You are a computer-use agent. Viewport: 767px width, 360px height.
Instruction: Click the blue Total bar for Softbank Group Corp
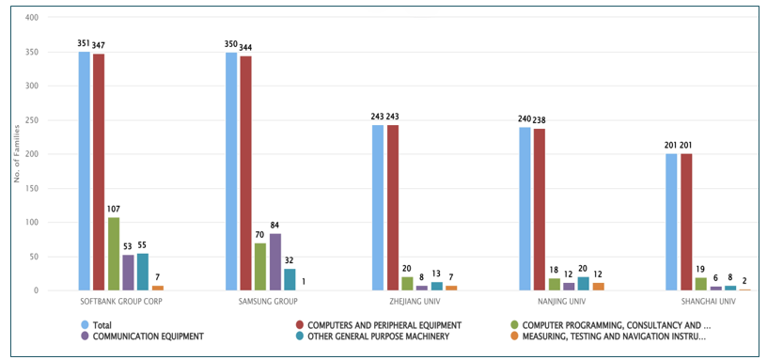85,171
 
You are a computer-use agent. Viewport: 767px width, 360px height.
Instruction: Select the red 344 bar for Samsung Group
245,174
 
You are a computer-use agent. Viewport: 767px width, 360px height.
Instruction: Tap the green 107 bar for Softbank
114,255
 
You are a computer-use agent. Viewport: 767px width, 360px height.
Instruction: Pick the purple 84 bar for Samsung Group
274,262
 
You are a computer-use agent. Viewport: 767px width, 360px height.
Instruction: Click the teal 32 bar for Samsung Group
290,280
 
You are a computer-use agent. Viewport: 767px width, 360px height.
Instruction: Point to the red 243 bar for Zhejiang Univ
392,208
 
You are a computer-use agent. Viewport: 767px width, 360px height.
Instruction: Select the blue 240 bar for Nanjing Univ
524,209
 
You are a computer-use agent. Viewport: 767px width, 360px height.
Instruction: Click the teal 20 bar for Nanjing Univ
583,284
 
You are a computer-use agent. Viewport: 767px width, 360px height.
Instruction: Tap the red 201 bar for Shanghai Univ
686,223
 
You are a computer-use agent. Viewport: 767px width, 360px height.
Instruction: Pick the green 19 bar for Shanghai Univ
700,285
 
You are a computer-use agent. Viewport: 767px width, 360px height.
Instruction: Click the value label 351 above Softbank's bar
84,43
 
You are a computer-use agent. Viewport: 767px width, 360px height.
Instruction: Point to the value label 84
274,226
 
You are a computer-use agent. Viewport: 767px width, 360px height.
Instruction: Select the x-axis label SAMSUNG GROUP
268,302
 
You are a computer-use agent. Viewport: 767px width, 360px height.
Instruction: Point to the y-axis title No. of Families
16,154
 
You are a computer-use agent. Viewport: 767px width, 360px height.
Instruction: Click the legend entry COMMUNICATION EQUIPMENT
142,337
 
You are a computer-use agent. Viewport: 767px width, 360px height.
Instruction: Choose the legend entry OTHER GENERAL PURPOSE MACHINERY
372,337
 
